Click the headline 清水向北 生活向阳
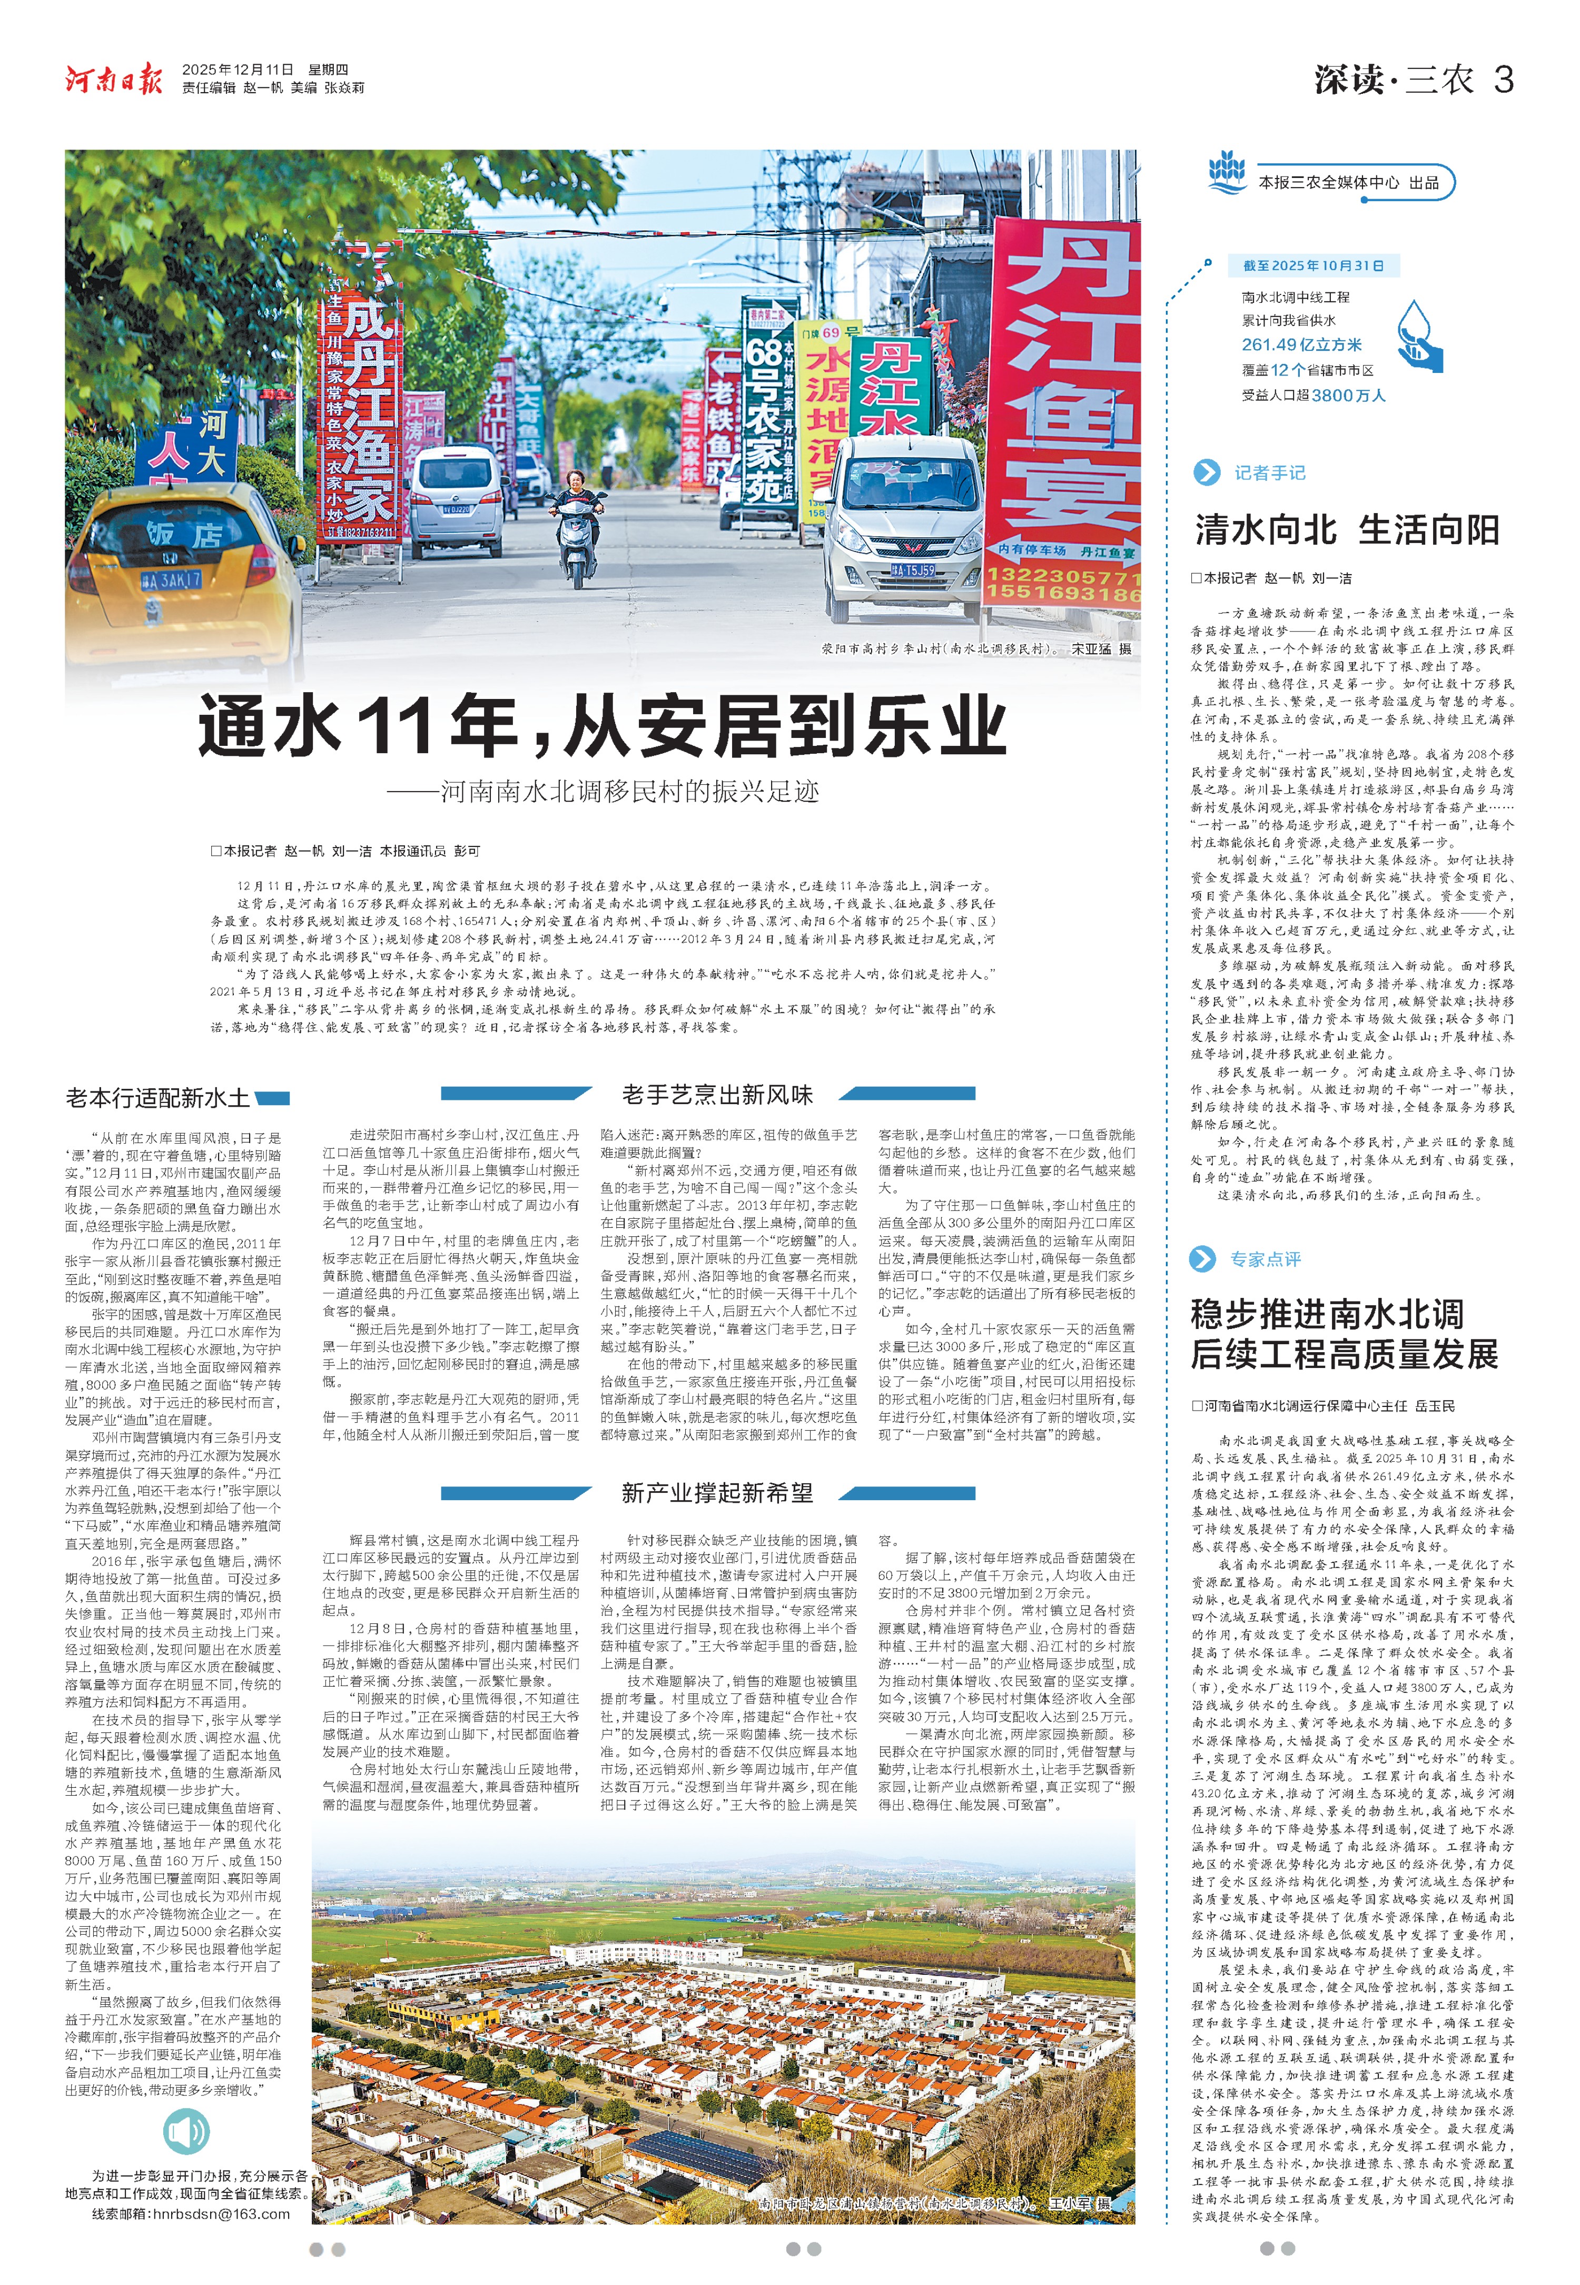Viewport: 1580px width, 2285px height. pos(1346,530)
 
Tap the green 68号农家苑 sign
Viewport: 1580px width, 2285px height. pos(767,416)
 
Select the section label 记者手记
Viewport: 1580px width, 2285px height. pos(1269,473)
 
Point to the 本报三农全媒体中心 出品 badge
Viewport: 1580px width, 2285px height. pos(1347,183)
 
